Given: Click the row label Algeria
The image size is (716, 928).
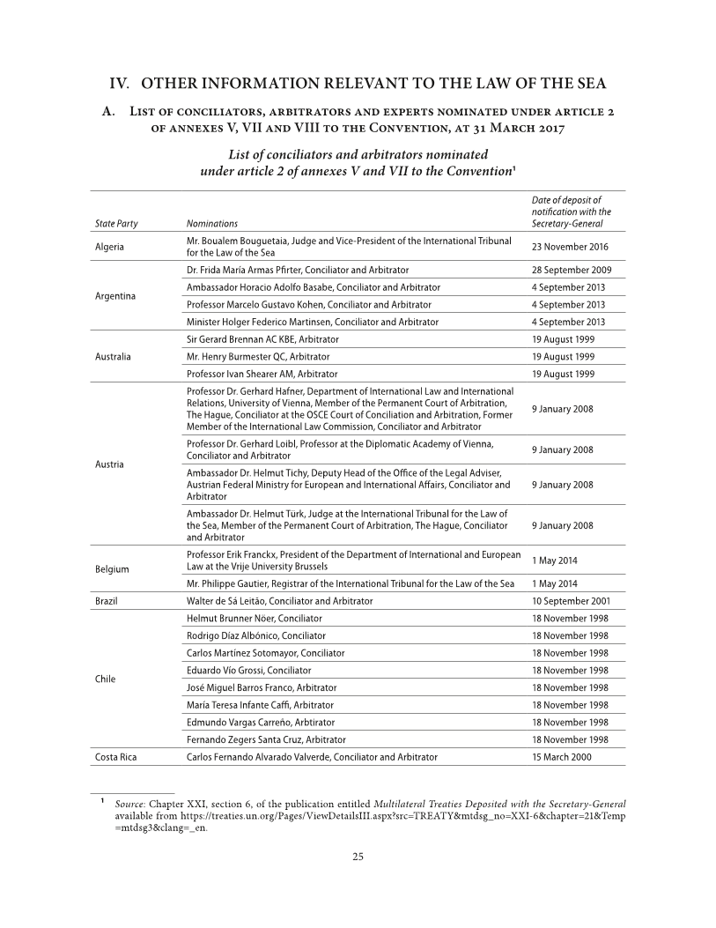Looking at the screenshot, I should coord(110,247).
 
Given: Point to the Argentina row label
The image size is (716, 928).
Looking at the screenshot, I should coord(118,295).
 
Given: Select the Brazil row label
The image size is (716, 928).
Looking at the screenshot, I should coord(107,600).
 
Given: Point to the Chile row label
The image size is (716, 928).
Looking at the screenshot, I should coord(106,679).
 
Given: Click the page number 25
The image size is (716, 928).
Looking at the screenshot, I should coord(358,883).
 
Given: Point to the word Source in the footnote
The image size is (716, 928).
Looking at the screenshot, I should coord(123,805).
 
